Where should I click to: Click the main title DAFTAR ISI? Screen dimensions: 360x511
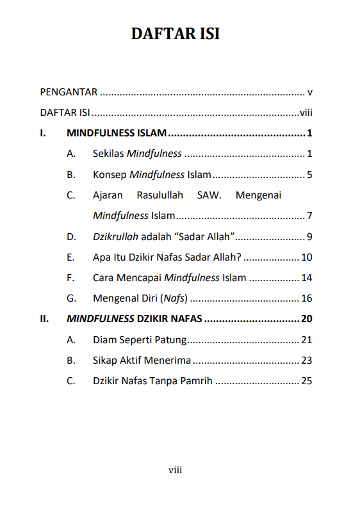point(176,34)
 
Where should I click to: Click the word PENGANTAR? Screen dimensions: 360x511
point(69,92)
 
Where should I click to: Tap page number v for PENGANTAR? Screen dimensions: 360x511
point(309,92)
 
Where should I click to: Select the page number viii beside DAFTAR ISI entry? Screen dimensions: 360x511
point(306,113)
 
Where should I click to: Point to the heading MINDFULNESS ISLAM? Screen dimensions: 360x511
point(117,134)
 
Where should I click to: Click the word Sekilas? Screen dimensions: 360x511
point(108,154)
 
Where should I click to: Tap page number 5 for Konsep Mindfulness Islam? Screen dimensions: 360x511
point(309,174)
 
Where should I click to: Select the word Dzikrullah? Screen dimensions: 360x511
point(115,237)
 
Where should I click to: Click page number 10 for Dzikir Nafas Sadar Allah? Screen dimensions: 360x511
point(306,257)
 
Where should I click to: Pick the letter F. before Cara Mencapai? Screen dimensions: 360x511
point(70,278)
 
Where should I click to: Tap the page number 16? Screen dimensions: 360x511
point(306,298)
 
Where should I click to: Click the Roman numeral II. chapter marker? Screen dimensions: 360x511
point(44,319)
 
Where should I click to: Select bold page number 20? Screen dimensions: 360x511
point(306,319)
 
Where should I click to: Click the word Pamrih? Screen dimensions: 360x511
point(196,380)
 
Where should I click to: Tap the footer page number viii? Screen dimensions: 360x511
point(176,470)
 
